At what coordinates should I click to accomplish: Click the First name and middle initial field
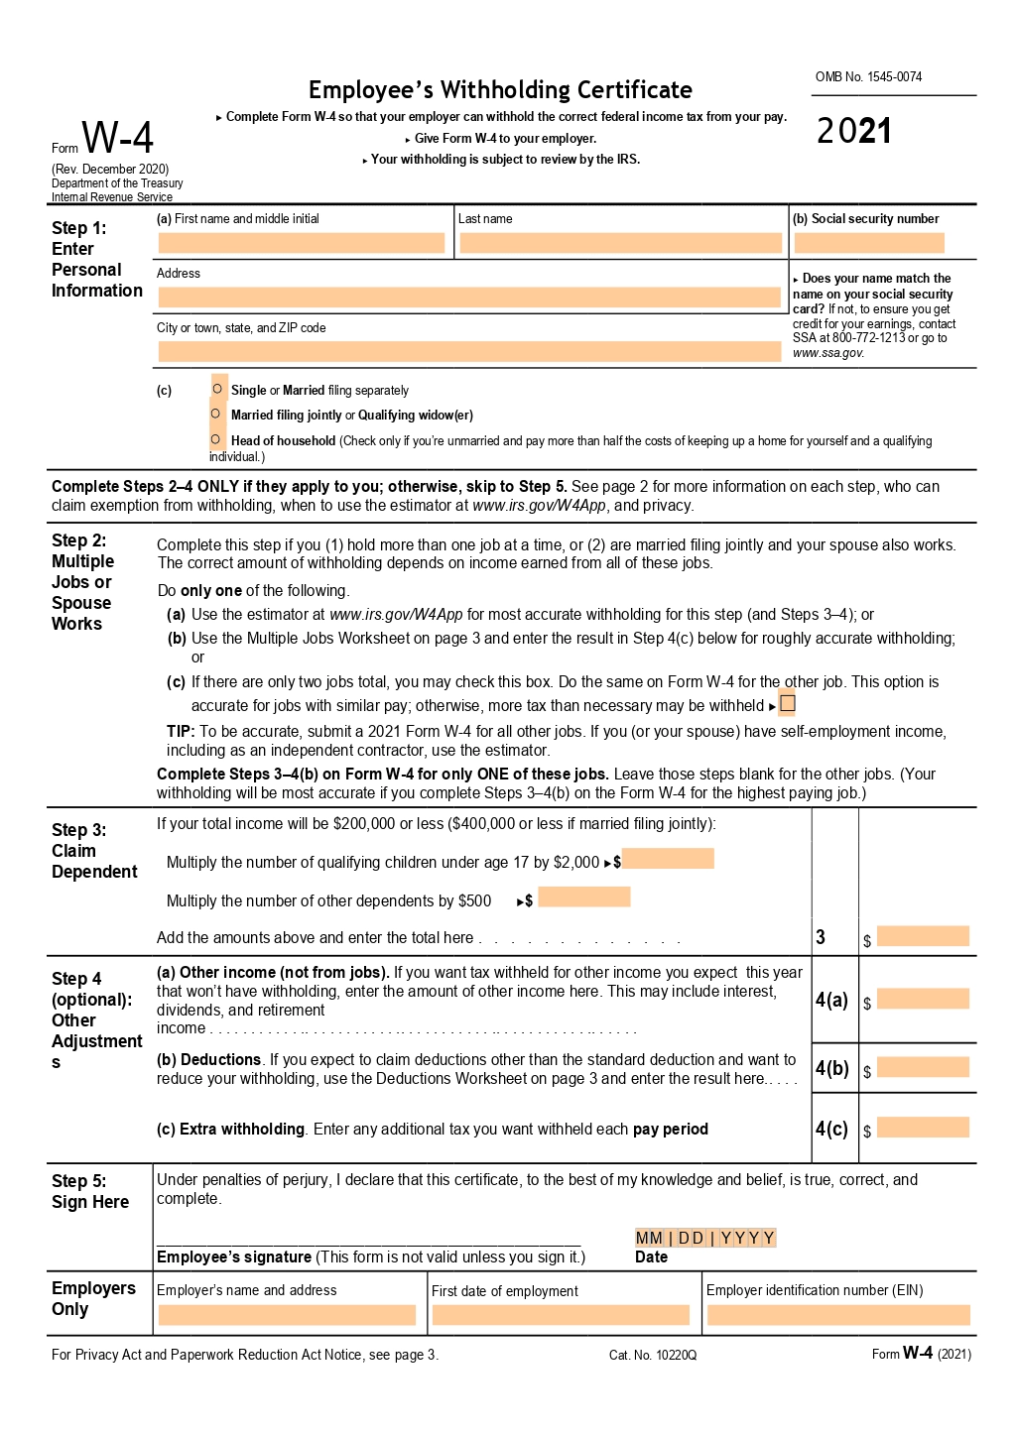click(x=301, y=243)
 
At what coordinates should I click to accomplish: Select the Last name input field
click(x=620, y=243)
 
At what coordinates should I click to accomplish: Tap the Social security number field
click(x=869, y=243)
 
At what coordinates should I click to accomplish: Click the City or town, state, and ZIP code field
click(x=469, y=351)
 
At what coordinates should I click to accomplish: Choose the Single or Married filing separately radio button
click(x=217, y=389)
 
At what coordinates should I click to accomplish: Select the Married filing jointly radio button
click(x=215, y=414)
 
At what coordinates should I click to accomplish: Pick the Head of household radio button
click(x=215, y=439)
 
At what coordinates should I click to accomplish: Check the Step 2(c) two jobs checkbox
click(x=788, y=704)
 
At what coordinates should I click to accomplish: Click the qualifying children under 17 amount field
click(x=668, y=859)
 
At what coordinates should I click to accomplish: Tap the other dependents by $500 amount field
click(x=584, y=897)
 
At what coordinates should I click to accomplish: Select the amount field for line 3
click(x=923, y=936)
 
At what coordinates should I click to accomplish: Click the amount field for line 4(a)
click(x=923, y=999)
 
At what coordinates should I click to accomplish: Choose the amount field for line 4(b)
click(x=923, y=1067)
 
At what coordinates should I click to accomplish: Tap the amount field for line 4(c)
click(x=923, y=1128)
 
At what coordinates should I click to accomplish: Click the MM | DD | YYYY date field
click(x=705, y=1238)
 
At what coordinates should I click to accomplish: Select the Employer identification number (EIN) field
click(x=838, y=1315)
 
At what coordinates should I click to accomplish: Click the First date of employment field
click(x=561, y=1315)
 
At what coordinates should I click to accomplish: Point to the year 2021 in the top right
click(x=854, y=131)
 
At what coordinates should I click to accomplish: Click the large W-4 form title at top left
click(x=117, y=138)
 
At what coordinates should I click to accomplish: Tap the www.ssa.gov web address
click(x=828, y=353)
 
